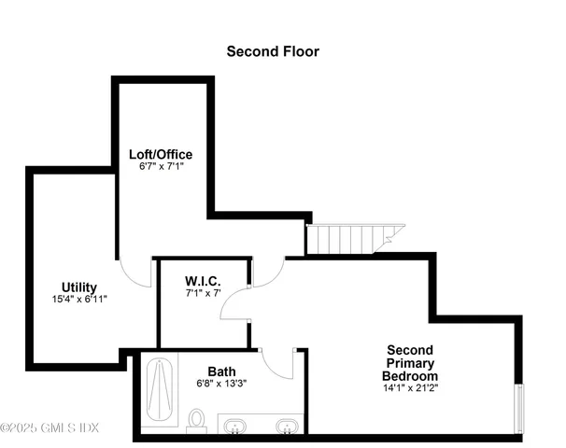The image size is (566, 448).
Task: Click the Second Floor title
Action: tap(273, 51)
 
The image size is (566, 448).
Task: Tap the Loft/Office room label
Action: tap(160, 153)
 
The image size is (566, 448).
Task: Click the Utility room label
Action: tap(78, 287)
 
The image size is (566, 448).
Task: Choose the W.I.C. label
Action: tap(203, 280)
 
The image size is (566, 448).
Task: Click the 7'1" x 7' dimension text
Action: tap(203, 293)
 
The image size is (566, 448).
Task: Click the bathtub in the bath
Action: tap(161, 391)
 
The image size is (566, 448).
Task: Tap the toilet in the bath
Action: tap(197, 420)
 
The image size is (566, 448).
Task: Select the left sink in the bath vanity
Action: tap(236, 427)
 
